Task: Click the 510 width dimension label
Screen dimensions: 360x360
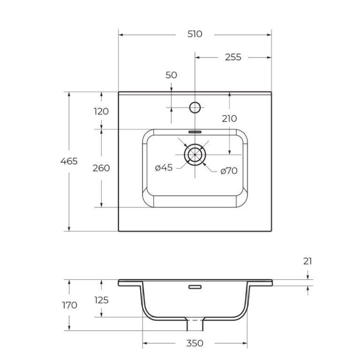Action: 195,34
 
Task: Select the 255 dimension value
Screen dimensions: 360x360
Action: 233,57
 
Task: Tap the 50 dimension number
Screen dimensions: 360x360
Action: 171,75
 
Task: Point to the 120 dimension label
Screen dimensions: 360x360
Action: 101,111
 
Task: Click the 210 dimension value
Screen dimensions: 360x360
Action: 229,119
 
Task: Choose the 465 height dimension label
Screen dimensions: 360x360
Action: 69,161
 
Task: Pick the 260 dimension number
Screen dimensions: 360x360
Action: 101,168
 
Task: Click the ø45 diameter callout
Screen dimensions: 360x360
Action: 164,168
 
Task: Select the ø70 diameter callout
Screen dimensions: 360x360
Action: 229,170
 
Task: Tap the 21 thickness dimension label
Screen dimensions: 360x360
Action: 308,261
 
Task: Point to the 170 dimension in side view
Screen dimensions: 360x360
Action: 70,305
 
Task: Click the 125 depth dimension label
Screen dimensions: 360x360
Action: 101,300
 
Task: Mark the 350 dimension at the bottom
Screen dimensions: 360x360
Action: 194,343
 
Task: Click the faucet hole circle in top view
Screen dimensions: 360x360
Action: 195,107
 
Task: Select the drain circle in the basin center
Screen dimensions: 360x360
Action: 195,155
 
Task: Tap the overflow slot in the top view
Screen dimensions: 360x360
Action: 195,131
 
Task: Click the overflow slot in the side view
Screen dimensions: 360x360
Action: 195,288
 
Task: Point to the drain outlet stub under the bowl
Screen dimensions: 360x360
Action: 195,325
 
